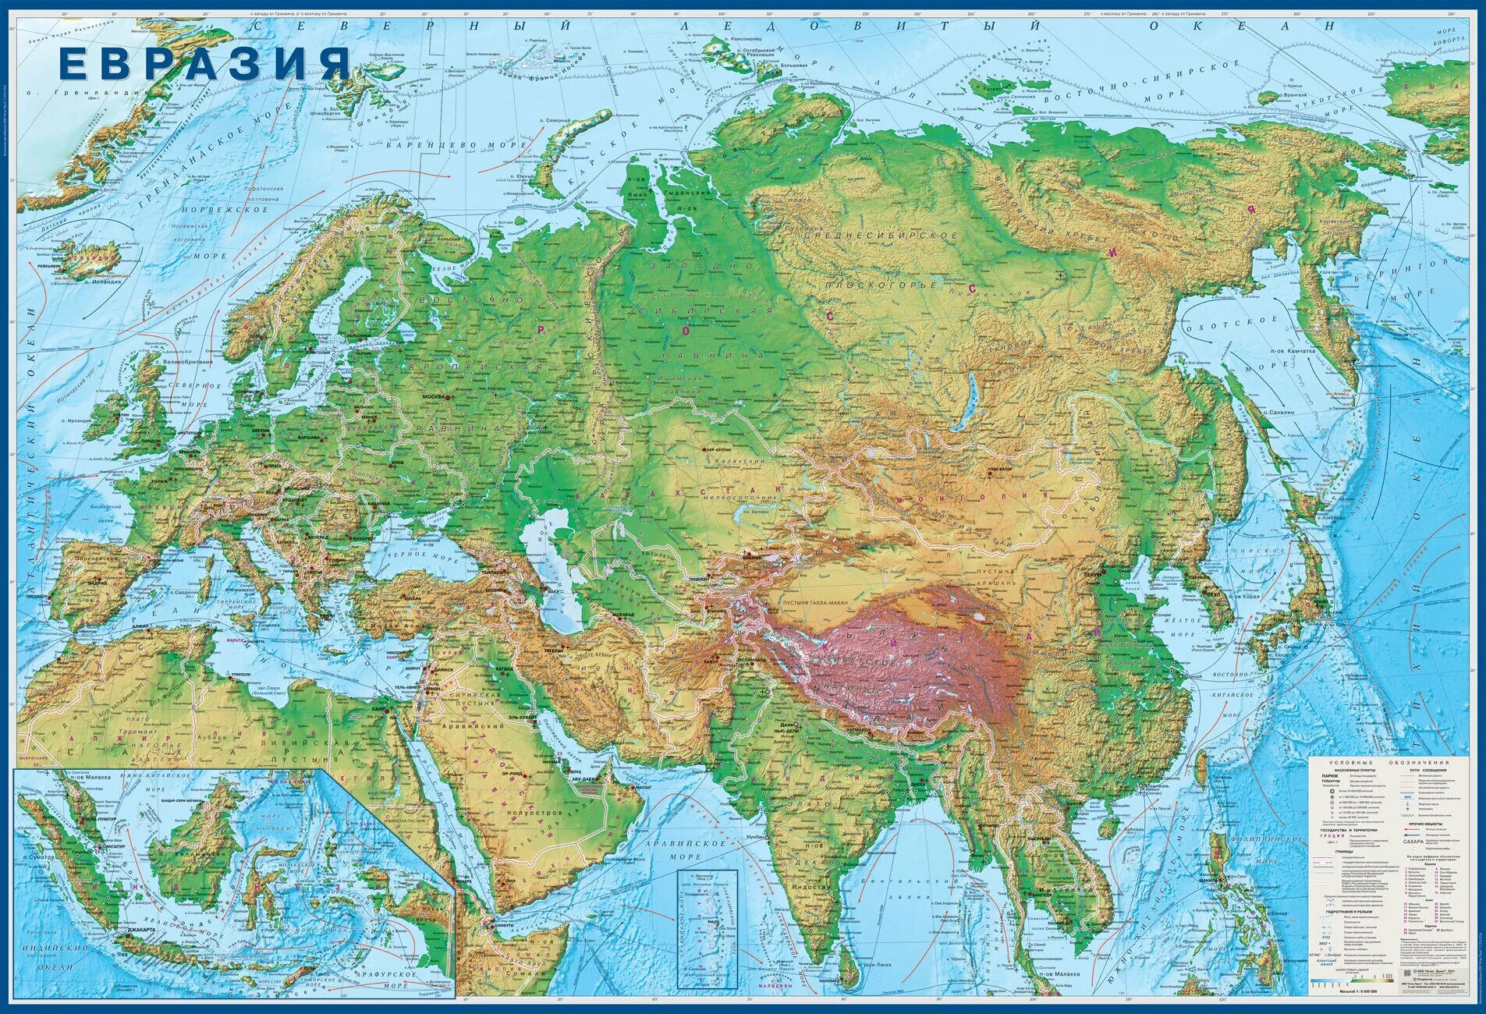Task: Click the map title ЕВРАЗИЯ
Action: [204, 63]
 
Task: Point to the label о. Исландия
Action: [101, 282]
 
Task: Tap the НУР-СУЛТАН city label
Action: [716, 450]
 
